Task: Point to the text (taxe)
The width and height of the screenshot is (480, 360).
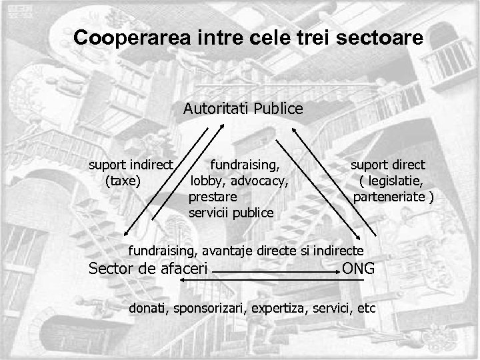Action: point(123,180)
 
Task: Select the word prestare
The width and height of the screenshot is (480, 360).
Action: point(212,197)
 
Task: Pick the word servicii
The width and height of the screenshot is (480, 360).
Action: point(209,213)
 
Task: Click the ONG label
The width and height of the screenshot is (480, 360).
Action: point(358,269)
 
